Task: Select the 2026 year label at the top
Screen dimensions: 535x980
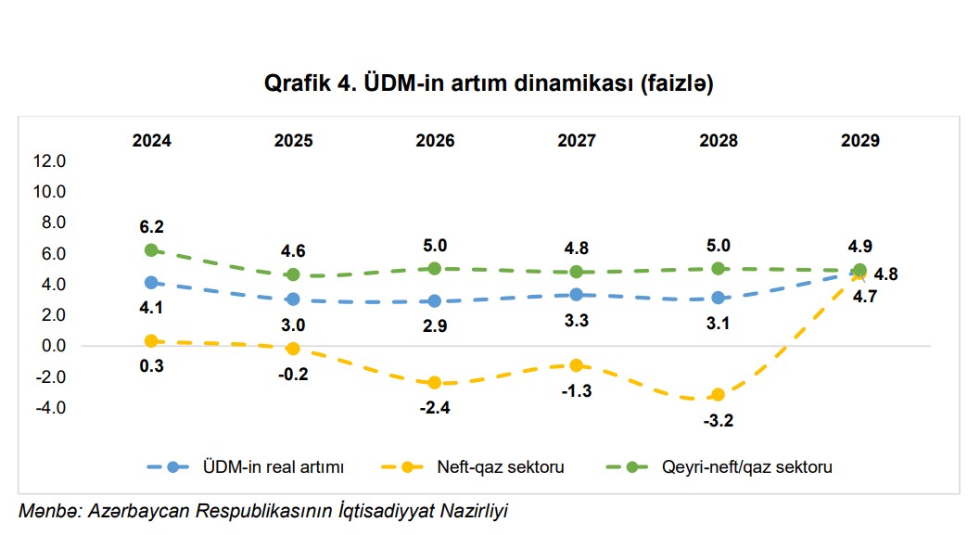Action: [435, 141]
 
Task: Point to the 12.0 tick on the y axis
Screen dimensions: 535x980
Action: [49, 161]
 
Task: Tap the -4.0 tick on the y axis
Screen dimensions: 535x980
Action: [49, 407]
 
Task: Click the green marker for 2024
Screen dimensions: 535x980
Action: [152, 250]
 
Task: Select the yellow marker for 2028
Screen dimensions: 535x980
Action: [718, 394]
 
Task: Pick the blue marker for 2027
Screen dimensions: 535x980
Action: [576, 295]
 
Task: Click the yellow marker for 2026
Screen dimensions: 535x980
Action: [435, 382]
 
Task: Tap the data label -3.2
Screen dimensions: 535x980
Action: [719, 420]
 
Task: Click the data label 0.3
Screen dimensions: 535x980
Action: [152, 366]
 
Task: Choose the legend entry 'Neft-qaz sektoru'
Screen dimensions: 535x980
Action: [501, 467]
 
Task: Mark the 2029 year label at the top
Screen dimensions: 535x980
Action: [859, 141]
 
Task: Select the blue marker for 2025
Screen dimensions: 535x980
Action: [293, 299]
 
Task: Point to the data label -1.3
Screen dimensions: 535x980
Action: [576, 390]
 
